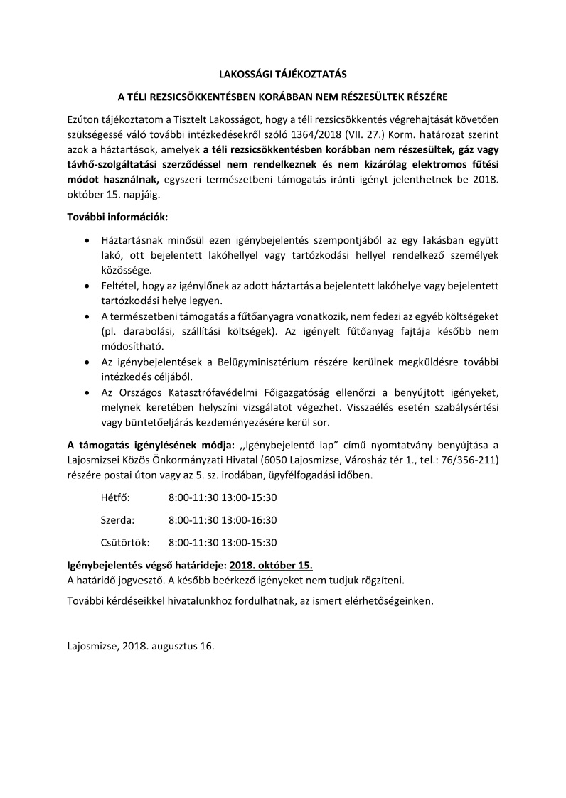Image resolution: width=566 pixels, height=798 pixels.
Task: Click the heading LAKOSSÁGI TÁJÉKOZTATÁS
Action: [x=283, y=73]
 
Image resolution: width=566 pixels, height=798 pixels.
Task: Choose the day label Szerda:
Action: [x=118, y=519]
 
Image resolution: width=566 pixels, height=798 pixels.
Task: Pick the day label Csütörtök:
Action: [x=125, y=542]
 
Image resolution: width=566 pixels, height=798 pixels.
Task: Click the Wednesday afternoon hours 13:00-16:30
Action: [x=250, y=519]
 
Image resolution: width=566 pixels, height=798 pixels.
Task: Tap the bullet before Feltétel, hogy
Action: [x=87, y=286]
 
